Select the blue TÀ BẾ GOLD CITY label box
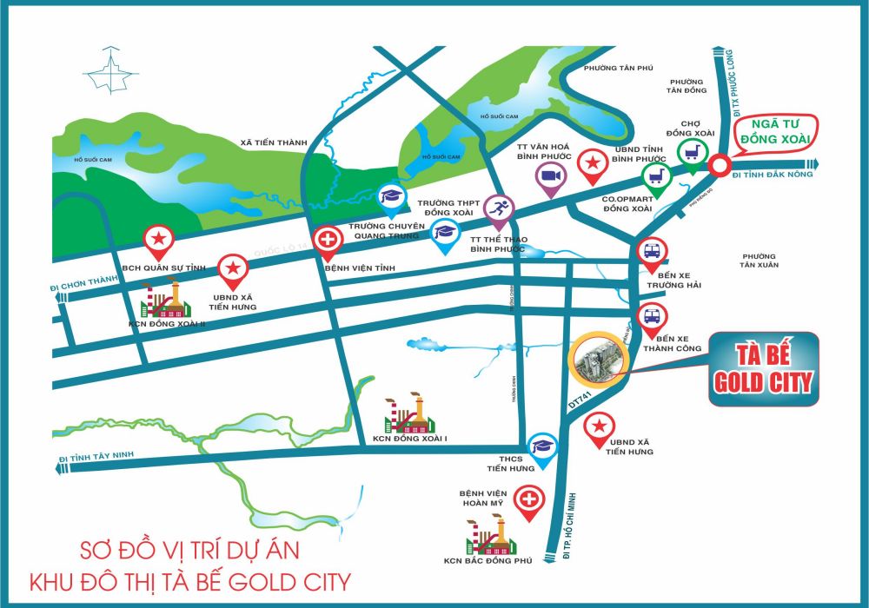(763, 369)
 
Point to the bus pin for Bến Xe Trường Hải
(653, 253)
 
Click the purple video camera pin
(549, 177)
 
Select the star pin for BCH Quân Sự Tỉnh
(159, 239)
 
